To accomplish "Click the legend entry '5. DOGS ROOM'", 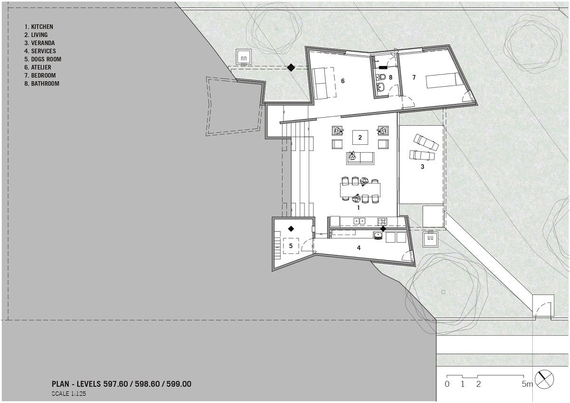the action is (43, 59).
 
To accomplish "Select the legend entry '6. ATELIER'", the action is (38, 67).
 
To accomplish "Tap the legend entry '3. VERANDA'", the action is (39, 43).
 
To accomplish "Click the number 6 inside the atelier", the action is (343, 81).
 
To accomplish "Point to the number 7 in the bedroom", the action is (414, 77).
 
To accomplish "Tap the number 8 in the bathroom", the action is (390, 77).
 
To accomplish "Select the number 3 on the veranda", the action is (422, 167).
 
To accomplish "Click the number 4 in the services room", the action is (359, 248).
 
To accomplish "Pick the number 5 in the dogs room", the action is (291, 245).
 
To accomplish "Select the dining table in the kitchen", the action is (361, 190).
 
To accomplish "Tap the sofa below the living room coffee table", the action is (360, 159).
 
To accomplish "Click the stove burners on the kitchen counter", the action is (382, 222).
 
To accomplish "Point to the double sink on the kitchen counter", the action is (359, 221).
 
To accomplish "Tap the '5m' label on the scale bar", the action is (527, 384).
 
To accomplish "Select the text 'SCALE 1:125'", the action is (69, 394).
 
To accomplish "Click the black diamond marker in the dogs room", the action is (291, 229).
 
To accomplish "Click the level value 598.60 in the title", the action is (147, 384).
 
